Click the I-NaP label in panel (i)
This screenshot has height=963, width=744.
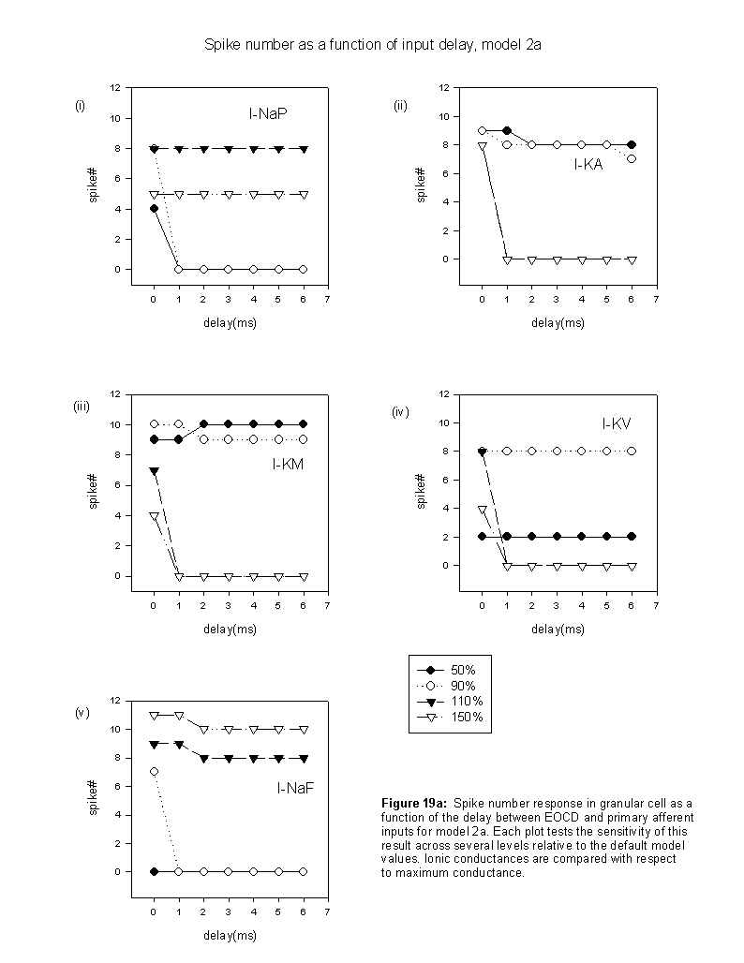[268, 113]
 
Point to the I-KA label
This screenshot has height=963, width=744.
[588, 164]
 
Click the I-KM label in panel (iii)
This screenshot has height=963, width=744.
[289, 465]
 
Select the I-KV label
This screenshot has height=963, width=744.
[617, 423]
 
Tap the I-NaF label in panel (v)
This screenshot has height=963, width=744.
[295, 788]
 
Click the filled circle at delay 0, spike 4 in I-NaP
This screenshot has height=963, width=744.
[154, 209]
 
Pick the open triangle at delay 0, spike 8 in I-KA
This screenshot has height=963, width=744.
[483, 146]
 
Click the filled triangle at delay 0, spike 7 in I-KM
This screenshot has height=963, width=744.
[154, 471]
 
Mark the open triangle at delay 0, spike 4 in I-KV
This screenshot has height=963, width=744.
[483, 510]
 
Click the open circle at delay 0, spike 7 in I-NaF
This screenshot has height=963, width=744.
[154, 771]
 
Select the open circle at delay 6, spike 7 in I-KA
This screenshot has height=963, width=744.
[632, 159]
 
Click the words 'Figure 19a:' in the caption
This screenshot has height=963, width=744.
[414, 804]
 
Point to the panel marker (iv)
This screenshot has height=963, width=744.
[400, 412]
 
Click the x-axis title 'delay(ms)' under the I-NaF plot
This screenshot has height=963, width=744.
[230, 935]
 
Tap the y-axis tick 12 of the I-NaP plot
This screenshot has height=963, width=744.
[115, 87]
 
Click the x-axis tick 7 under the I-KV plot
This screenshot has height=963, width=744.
[656, 605]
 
